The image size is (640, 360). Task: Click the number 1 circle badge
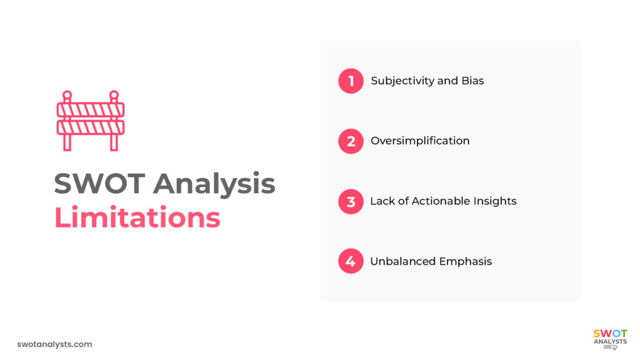pyautogui.click(x=351, y=81)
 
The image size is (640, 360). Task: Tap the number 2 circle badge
pyautogui.click(x=351, y=141)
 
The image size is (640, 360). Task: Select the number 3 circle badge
pyautogui.click(x=351, y=201)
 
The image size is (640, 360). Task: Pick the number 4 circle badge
pyautogui.click(x=351, y=261)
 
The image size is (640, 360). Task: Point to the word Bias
pyautogui.click(x=472, y=81)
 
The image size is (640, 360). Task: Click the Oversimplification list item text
pyautogui.click(x=420, y=141)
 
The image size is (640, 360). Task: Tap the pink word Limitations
pyautogui.click(x=137, y=217)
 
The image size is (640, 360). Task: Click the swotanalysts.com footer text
pyautogui.click(x=55, y=344)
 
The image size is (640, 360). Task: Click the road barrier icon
pyautogui.click(x=91, y=120)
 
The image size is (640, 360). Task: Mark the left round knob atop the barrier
pyautogui.click(x=67, y=95)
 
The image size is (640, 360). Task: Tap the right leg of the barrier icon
pyautogui.click(x=114, y=142)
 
